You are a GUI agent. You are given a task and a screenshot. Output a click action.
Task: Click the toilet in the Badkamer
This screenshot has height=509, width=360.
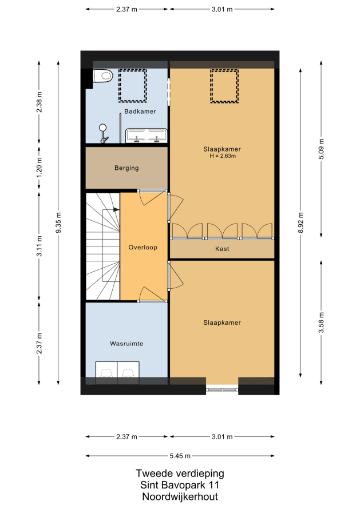103,76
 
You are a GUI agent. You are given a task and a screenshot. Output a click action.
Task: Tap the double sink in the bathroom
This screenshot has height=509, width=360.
147,136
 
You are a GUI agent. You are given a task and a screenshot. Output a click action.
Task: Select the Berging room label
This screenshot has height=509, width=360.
126,168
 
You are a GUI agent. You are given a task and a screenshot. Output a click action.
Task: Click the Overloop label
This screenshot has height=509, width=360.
143,248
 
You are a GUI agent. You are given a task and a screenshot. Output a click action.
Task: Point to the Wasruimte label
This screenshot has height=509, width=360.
126,344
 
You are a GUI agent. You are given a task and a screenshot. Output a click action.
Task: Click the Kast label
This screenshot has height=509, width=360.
222,249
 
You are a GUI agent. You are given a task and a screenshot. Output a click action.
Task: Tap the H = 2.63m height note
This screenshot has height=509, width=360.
223,156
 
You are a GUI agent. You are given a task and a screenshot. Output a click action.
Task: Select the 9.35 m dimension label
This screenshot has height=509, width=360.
58,222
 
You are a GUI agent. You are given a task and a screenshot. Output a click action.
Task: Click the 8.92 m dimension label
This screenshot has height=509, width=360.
300,222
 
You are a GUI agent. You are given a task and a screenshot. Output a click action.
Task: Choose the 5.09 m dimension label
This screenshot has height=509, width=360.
321,149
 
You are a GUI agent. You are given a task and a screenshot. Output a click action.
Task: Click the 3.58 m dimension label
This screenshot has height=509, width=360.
321,323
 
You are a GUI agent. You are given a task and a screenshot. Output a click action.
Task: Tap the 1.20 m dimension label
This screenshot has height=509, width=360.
39,167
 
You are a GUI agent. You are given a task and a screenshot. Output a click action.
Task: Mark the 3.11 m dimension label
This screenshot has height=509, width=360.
39,246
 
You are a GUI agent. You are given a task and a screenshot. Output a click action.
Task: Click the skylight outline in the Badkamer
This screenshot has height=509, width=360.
133,86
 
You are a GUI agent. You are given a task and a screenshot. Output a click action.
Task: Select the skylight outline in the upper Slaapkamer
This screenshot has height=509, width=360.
224,86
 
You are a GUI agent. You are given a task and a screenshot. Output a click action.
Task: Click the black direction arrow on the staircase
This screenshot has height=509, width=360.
116,210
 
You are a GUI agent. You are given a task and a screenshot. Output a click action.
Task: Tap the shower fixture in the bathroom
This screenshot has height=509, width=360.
104,133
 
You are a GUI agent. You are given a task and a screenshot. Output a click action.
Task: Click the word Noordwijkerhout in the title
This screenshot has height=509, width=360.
180,496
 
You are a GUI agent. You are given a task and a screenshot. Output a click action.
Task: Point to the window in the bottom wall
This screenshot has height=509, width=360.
222,389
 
